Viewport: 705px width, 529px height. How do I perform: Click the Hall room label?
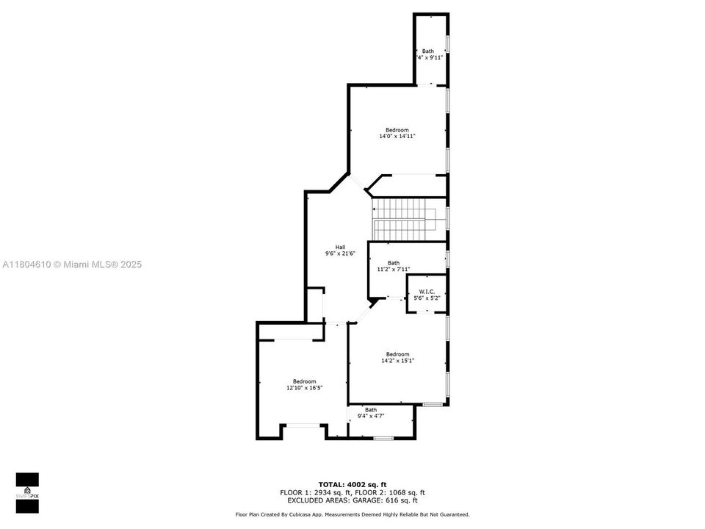click(340, 247)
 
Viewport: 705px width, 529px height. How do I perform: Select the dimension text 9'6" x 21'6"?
click(340, 253)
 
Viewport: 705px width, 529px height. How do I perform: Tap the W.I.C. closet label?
click(427, 292)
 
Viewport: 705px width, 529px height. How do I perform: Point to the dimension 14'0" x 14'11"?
click(397, 136)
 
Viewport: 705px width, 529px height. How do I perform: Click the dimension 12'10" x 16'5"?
click(304, 387)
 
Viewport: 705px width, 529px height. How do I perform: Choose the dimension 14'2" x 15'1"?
click(397, 360)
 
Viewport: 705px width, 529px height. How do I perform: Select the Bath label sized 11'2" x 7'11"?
click(394, 262)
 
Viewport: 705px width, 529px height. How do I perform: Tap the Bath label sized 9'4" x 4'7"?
click(371, 410)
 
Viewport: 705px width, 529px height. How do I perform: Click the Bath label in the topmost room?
click(427, 51)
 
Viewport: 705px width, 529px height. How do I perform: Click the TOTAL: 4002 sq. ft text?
click(352, 484)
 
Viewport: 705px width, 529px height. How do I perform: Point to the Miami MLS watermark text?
click(72, 264)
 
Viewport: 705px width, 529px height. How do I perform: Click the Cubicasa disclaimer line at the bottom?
click(352, 514)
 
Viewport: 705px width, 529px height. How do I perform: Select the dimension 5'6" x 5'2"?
click(427, 298)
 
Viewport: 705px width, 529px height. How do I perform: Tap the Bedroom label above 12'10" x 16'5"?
click(304, 381)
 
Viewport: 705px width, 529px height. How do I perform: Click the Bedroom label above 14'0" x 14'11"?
click(397, 129)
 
